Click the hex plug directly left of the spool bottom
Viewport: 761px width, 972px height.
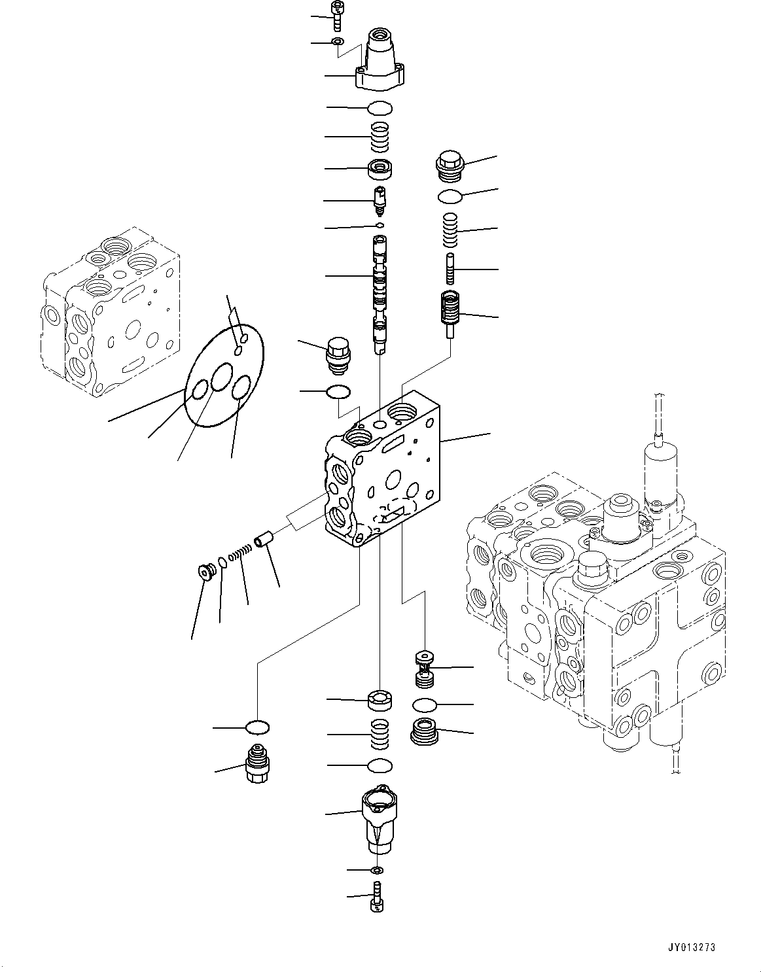338,356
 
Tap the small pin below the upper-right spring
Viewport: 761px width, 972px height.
450,268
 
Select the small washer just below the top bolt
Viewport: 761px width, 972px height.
338,43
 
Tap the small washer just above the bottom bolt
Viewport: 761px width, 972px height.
376,870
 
